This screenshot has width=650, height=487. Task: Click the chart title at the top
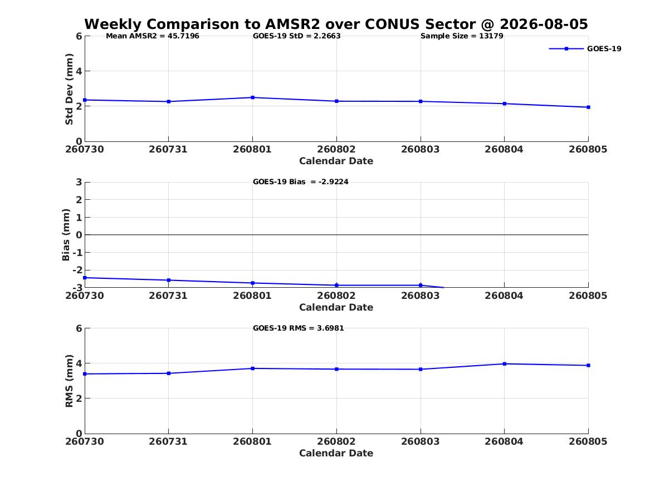coord(336,24)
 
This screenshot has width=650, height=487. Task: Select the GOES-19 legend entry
coord(585,48)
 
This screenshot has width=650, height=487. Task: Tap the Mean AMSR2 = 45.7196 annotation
coord(153,36)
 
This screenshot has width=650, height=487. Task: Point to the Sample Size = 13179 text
coord(462,36)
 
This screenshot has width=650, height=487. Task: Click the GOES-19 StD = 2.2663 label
coord(297,36)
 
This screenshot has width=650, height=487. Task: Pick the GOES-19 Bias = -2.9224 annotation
coord(301,182)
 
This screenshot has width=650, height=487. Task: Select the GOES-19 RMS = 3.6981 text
coord(299,328)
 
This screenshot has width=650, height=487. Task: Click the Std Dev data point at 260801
coord(252,98)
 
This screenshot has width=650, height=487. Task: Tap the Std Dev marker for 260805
coord(588,107)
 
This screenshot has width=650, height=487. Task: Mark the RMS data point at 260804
coord(505,364)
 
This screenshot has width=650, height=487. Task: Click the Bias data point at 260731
coord(169,281)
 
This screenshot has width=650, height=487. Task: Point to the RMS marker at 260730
coord(85,374)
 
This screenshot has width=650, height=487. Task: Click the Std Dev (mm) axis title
coord(69,89)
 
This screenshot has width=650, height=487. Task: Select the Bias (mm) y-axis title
coord(66,235)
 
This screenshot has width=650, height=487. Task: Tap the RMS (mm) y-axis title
coord(69,381)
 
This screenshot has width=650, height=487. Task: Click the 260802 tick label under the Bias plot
coord(336,296)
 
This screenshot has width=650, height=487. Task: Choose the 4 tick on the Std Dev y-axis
coord(79,71)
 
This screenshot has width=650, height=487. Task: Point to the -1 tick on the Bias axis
coord(77,253)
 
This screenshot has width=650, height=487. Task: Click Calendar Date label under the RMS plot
coord(336,454)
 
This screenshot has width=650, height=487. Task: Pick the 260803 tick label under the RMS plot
coord(421,441)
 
